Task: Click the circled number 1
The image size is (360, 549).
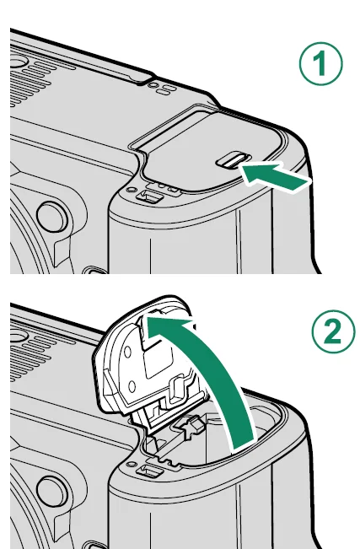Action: pos(320,63)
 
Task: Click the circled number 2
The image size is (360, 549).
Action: pos(333,331)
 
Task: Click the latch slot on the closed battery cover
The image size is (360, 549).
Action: pos(233,159)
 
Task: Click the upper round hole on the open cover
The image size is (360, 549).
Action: pos(127,352)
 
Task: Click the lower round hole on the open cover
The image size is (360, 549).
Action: pos(132,387)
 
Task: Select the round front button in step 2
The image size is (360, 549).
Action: pos(51,492)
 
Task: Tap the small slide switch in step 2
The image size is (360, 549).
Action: pos(150,471)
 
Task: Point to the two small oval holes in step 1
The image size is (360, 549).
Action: pos(159,89)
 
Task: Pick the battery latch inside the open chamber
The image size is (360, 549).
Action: pos(188,425)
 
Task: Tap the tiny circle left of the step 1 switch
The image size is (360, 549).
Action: pos(132,190)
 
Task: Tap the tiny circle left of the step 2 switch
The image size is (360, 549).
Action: pos(132,465)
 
